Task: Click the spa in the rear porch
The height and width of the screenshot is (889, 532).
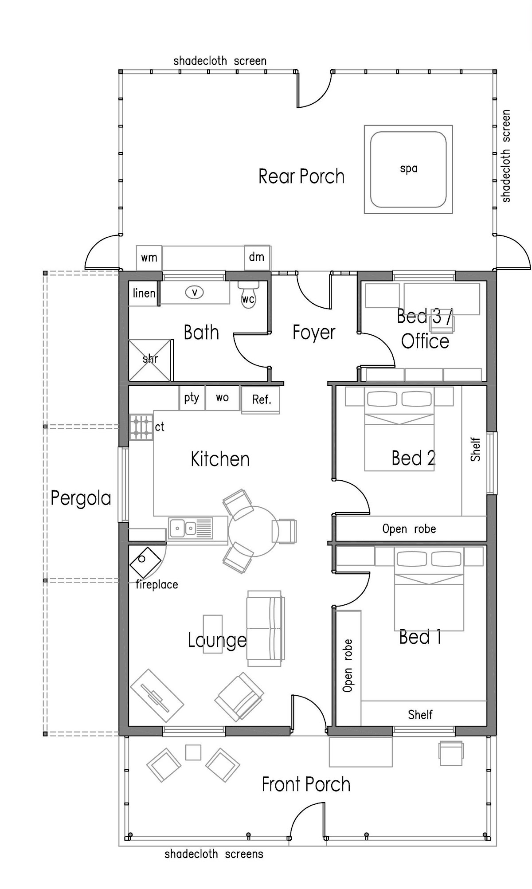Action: (x=408, y=169)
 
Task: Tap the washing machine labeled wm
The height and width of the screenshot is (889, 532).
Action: (x=149, y=258)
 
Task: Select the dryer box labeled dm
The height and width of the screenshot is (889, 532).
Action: (x=257, y=257)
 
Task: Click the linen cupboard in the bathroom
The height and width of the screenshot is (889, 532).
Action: (x=144, y=293)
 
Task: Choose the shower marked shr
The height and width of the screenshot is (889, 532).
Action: (x=150, y=360)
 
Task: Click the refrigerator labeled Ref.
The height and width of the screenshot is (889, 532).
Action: (x=261, y=399)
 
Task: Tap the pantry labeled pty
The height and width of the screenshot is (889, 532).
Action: (x=192, y=398)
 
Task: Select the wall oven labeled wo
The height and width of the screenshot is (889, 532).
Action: (x=222, y=398)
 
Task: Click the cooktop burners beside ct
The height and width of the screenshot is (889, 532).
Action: (x=141, y=427)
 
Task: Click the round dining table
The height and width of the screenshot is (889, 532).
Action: (x=254, y=531)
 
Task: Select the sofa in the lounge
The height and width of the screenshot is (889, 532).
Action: (x=266, y=628)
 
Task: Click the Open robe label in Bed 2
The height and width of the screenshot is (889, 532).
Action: (x=409, y=529)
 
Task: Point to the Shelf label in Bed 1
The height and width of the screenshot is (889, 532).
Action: (x=420, y=714)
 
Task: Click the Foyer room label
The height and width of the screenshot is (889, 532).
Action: (x=314, y=333)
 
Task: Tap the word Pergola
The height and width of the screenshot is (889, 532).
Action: (x=81, y=498)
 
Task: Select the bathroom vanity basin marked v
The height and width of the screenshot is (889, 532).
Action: (x=194, y=292)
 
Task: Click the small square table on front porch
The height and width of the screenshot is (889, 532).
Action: (x=193, y=752)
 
